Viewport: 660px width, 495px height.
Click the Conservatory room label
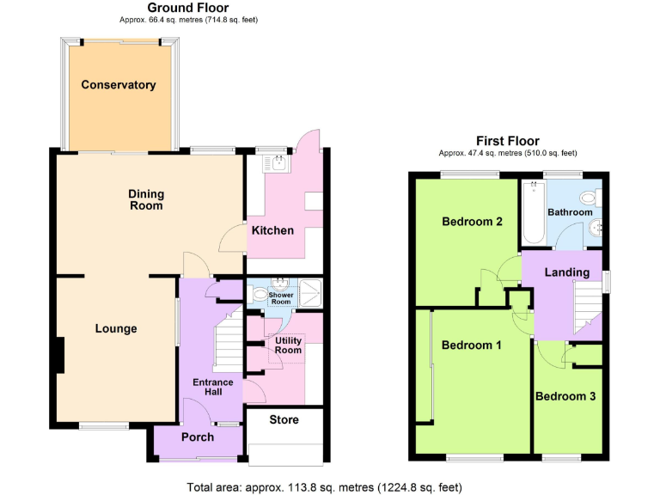click(x=119, y=85)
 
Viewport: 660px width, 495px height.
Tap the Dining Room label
click(x=146, y=199)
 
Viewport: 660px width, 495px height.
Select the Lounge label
click(x=116, y=328)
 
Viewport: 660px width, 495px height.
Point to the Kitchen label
click(x=272, y=230)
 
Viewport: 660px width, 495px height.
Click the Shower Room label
click(x=282, y=298)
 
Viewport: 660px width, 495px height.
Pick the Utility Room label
click(x=288, y=345)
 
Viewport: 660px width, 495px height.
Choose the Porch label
click(x=197, y=437)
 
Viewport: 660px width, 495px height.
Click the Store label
click(x=284, y=420)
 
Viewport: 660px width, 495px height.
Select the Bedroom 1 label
click(x=472, y=345)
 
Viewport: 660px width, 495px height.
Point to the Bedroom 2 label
click(x=472, y=222)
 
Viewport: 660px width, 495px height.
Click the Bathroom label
click(x=570, y=212)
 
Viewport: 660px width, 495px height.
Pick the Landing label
click(x=566, y=272)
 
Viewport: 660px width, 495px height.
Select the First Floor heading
click(x=508, y=141)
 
